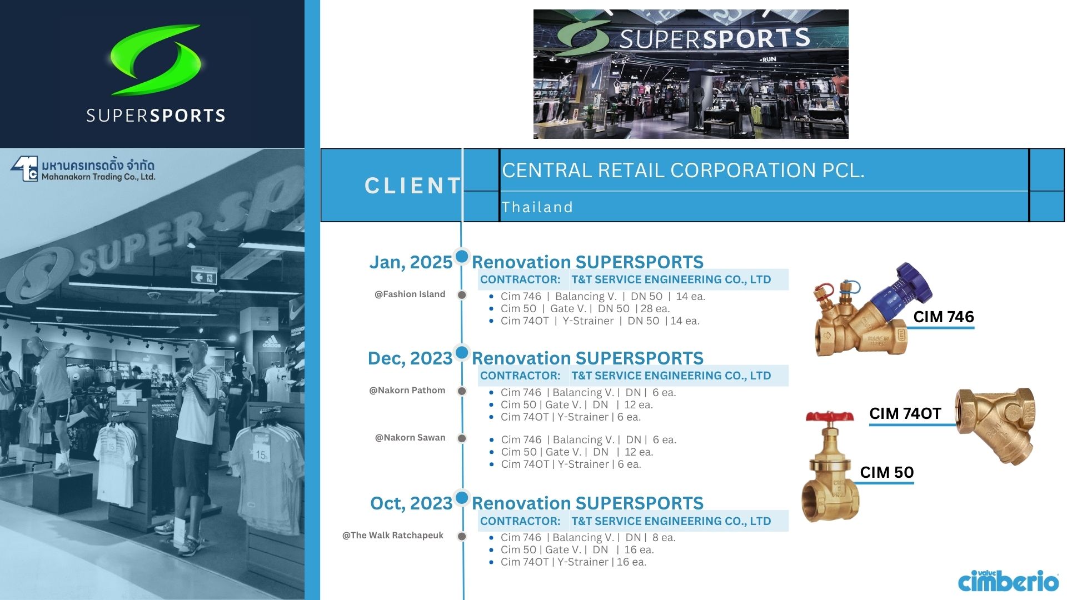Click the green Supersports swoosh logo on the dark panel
155,59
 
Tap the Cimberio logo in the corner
1008,581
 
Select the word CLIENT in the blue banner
413,186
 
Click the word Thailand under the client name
537,207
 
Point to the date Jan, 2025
411,262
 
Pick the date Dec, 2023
410,358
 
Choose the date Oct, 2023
411,503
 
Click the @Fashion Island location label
410,294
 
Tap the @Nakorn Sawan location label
410,438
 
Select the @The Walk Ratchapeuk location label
393,536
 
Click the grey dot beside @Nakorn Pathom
462,391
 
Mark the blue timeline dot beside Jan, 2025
462,256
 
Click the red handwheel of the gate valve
830,417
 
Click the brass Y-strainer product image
995,426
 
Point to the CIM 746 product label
944,317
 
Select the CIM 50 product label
887,472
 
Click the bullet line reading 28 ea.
585,309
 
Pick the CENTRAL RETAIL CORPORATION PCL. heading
683,170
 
